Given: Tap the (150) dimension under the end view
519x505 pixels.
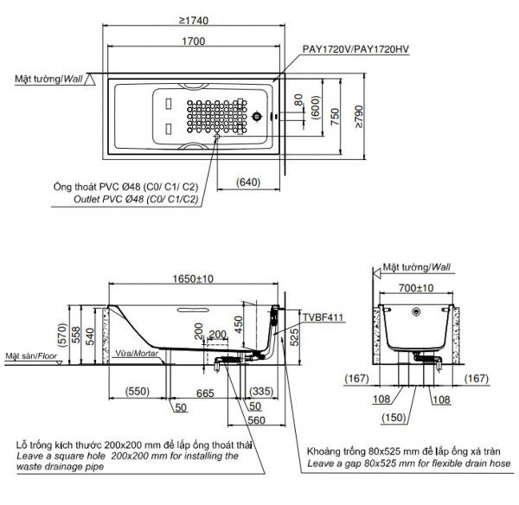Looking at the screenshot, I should coord(417,418).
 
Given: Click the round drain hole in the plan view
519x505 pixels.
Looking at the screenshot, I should coord(256,113).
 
